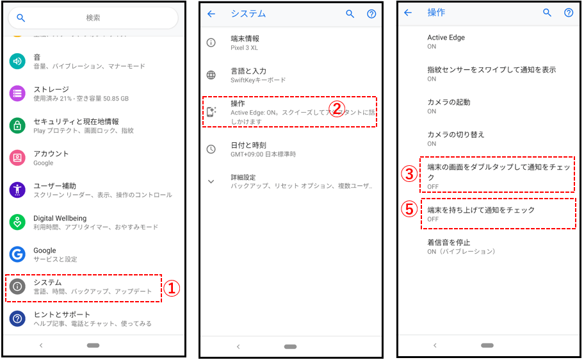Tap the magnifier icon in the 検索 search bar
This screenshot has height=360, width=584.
(x=21, y=17)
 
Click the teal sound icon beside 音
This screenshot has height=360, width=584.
(x=17, y=61)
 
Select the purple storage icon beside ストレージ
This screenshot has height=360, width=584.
(x=17, y=94)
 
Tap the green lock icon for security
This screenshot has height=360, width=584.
(x=17, y=126)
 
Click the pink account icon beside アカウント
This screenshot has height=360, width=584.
(x=17, y=158)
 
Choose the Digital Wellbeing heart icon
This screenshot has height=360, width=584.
(x=17, y=222)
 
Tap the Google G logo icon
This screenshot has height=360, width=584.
(x=17, y=254)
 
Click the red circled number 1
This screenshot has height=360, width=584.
(x=172, y=288)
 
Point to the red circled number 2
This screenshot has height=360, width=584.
(x=337, y=109)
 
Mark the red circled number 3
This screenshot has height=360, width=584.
(x=409, y=174)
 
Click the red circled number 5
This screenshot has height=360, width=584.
(x=409, y=209)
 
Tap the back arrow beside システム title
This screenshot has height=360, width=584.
(x=211, y=14)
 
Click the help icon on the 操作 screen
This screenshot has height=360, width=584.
(x=569, y=13)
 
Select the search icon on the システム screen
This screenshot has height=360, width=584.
(x=350, y=14)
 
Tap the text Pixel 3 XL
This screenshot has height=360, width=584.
(x=244, y=47)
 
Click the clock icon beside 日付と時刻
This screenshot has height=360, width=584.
(x=211, y=149)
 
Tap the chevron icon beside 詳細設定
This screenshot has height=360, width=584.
(x=211, y=181)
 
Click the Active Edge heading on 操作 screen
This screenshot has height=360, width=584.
(x=446, y=37)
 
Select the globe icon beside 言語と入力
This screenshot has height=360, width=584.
(x=211, y=75)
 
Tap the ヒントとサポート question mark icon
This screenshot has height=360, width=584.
(x=17, y=318)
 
